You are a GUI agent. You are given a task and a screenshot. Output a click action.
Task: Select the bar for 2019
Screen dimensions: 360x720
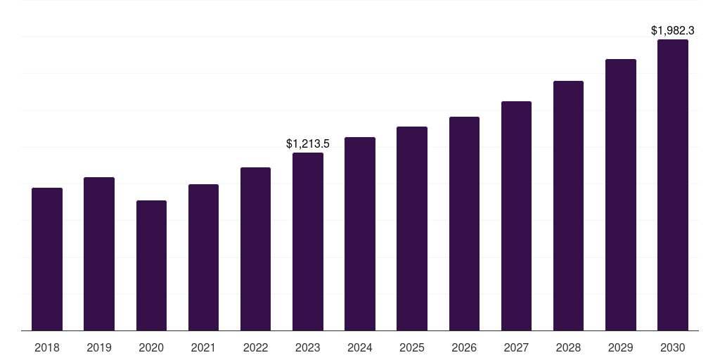click(x=99, y=254)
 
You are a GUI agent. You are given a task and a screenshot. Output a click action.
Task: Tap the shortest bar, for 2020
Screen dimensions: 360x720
click(x=151, y=265)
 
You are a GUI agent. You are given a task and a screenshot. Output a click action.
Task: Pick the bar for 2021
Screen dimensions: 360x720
click(x=203, y=257)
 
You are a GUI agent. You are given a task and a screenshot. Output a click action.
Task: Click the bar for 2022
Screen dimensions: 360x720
click(x=255, y=249)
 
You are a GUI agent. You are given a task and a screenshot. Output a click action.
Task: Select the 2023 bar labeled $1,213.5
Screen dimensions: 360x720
click(x=308, y=241)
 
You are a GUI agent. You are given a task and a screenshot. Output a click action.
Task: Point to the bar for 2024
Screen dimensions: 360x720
click(x=360, y=233)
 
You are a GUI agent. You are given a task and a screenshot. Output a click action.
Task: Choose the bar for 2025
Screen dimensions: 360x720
click(x=412, y=229)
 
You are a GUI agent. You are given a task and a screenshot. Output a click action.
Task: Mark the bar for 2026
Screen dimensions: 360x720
click(x=464, y=224)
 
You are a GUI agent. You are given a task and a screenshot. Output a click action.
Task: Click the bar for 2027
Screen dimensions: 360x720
click(x=516, y=216)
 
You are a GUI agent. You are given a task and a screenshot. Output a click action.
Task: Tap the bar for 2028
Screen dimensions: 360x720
click(x=568, y=205)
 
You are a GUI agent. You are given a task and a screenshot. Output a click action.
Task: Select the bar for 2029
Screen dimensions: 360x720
click(x=621, y=195)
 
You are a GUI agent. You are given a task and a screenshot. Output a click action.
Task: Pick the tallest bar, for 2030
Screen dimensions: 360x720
click(x=673, y=185)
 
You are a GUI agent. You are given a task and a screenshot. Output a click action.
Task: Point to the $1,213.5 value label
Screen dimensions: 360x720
click(x=308, y=143)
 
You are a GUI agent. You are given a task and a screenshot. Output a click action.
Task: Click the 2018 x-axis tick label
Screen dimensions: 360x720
click(x=47, y=347)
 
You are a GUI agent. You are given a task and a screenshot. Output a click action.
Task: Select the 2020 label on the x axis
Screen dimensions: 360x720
click(x=151, y=347)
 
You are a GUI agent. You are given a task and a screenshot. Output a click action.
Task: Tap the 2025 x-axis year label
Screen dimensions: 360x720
click(x=412, y=347)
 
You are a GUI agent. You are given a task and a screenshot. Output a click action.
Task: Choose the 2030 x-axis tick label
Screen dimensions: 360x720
click(x=673, y=347)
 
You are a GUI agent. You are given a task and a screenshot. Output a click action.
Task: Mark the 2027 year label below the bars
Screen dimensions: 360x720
click(x=516, y=347)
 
